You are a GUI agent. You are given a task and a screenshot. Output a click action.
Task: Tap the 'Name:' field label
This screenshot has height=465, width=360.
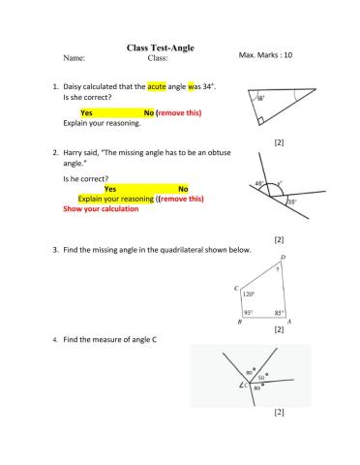74,58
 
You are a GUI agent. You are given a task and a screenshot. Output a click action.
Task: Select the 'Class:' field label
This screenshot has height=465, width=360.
159,58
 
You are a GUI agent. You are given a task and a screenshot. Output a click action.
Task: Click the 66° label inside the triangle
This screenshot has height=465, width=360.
261,98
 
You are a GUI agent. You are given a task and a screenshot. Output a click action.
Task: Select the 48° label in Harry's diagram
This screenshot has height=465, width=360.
259,184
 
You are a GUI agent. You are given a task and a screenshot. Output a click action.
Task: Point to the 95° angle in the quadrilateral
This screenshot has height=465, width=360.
249,312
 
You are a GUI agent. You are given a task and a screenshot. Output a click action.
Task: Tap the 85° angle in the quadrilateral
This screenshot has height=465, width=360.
279,312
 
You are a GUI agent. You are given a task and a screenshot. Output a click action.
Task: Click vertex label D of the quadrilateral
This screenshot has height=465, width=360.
282,258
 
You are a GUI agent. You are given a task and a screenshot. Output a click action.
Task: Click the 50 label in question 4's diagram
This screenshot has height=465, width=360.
260,376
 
